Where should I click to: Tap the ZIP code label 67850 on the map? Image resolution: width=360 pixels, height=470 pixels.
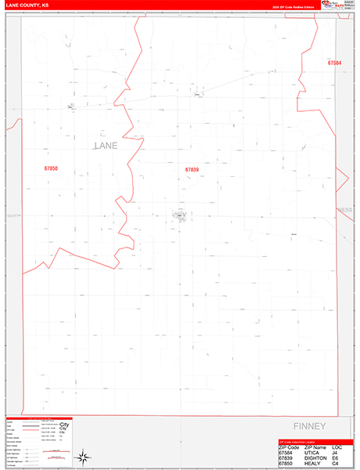pos(52,168)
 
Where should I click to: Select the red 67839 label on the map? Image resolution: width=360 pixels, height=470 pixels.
pos(192,170)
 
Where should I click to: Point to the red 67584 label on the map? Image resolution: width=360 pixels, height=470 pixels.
pos(335,62)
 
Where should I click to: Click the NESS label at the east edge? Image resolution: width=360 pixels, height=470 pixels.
pos(344,210)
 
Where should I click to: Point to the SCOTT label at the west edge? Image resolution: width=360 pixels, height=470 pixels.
pos(12,215)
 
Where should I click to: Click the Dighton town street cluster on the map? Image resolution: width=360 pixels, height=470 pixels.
pos(179,214)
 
